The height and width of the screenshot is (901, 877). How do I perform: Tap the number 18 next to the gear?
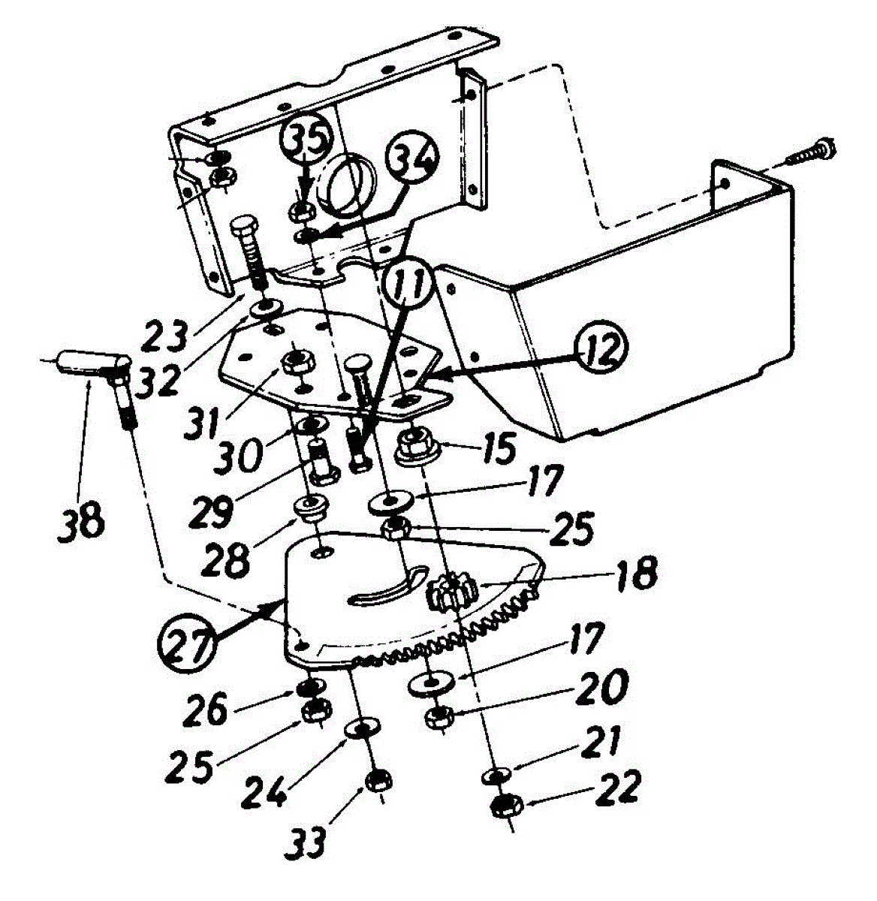tap(635, 573)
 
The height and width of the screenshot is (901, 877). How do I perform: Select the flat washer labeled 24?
tap(360, 728)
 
